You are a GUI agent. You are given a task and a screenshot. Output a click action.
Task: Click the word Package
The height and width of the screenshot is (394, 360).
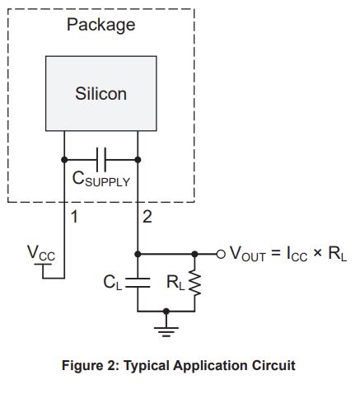point(101,26)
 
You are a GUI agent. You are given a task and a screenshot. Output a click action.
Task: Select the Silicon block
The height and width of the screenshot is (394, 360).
point(101,93)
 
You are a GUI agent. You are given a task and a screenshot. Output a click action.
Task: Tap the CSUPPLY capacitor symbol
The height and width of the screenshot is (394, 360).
point(101,160)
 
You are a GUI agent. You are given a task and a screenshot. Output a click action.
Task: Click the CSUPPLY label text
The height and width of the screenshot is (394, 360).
point(101,179)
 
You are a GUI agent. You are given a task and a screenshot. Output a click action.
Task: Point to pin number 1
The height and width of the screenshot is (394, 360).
point(74,217)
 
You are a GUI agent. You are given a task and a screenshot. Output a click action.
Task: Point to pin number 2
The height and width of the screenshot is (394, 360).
point(147,217)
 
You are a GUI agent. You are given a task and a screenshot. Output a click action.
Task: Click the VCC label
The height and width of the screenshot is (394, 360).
point(41,253)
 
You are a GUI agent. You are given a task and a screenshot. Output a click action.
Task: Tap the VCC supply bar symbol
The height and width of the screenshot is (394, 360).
point(43,265)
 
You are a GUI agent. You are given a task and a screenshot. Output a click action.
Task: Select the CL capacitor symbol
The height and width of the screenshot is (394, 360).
point(138,283)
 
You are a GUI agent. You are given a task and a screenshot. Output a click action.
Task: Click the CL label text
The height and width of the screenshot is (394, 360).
point(113,283)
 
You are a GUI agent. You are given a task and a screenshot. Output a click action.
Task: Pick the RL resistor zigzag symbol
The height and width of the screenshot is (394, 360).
point(194,283)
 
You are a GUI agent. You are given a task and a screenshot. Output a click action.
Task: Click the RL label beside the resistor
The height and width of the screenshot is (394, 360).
point(175,283)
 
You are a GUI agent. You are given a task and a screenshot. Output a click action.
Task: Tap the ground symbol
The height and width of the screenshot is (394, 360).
point(166,331)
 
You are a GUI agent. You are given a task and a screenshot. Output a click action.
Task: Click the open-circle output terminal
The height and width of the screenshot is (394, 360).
point(221,255)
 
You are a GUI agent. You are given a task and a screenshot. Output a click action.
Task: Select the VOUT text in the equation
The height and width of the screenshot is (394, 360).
point(248,254)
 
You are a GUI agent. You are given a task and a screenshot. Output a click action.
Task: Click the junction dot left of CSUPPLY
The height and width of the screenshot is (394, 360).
point(64,160)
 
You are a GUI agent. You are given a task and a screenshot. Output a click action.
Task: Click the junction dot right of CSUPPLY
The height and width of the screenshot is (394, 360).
point(138,160)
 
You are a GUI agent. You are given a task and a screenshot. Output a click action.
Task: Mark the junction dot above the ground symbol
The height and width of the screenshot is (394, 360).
point(166,312)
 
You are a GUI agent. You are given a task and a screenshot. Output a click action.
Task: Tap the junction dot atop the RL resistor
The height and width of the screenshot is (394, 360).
point(194,255)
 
